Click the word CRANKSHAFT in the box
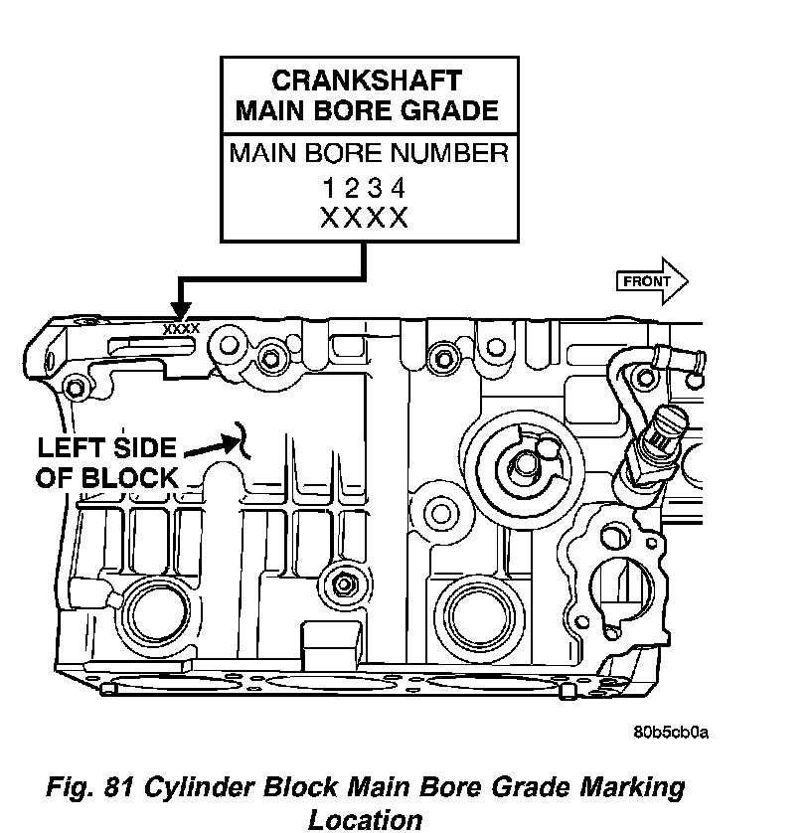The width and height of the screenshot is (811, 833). pyautogui.click(x=367, y=81)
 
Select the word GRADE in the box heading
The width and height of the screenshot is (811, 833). pyautogui.click(x=449, y=110)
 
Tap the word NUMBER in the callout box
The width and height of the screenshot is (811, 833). pyautogui.click(x=449, y=153)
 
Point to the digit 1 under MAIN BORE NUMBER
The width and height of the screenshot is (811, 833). pyautogui.click(x=329, y=188)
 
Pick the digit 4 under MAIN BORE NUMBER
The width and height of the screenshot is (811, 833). pyautogui.click(x=399, y=188)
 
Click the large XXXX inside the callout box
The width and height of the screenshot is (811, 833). pyautogui.click(x=365, y=218)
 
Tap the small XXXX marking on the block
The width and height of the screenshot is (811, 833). pyautogui.click(x=181, y=329)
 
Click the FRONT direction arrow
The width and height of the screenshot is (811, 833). pyautogui.click(x=652, y=281)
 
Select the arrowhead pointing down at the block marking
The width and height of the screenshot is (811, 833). pyautogui.click(x=181, y=310)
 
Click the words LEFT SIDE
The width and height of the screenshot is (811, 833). pyautogui.click(x=106, y=448)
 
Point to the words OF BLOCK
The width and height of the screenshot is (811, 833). pyautogui.click(x=106, y=478)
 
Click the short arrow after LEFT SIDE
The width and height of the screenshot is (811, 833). pyautogui.click(x=213, y=446)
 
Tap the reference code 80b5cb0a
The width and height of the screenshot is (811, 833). pyautogui.click(x=671, y=733)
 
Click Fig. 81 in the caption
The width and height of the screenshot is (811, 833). pyautogui.click(x=89, y=787)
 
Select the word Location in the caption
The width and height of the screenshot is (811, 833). pyautogui.click(x=366, y=819)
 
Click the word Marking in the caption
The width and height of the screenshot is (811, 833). pyautogui.click(x=632, y=788)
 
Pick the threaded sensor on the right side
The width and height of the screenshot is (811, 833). pyautogui.click(x=652, y=450)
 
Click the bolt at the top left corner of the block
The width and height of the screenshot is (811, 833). pyautogui.click(x=75, y=388)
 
